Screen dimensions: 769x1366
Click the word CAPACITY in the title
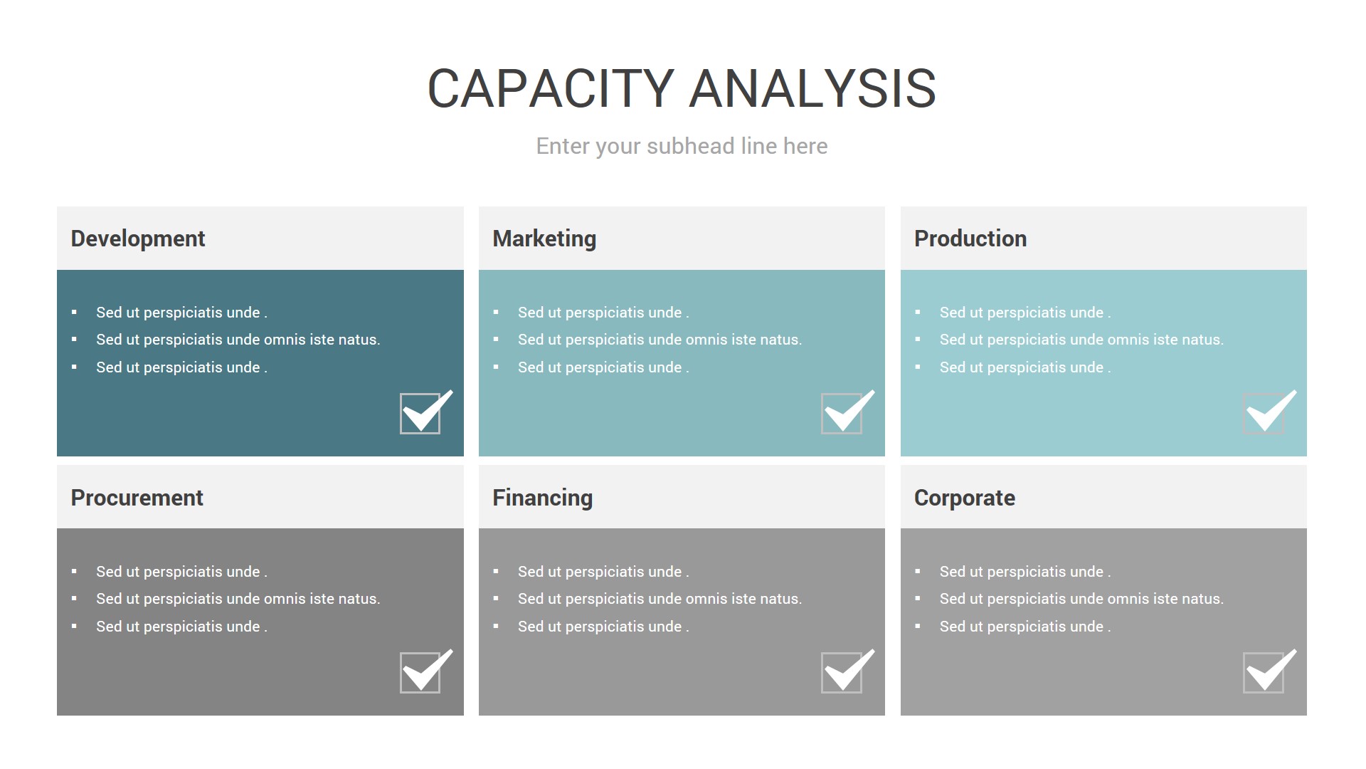click(x=551, y=89)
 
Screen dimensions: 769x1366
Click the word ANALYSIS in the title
click(x=812, y=89)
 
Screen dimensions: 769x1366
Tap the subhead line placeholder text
click(x=682, y=146)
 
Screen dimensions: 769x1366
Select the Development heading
click(x=138, y=239)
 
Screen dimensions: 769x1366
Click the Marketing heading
click(x=544, y=239)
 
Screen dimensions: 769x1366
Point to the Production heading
click(x=970, y=239)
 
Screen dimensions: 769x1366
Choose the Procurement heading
click(x=137, y=498)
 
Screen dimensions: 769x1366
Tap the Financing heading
click(x=542, y=498)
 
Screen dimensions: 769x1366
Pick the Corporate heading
click(x=965, y=498)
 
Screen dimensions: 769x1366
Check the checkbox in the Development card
click(x=420, y=414)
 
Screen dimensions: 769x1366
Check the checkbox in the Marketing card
click(x=842, y=414)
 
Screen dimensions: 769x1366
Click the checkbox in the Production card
click(x=1264, y=414)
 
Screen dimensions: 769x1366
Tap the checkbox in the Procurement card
click(x=420, y=673)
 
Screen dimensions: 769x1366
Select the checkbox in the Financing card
click(x=842, y=673)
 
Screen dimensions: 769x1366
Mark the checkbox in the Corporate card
click(x=1264, y=673)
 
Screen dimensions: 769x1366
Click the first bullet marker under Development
click(x=74, y=313)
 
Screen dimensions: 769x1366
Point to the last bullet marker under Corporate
click(x=918, y=627)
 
